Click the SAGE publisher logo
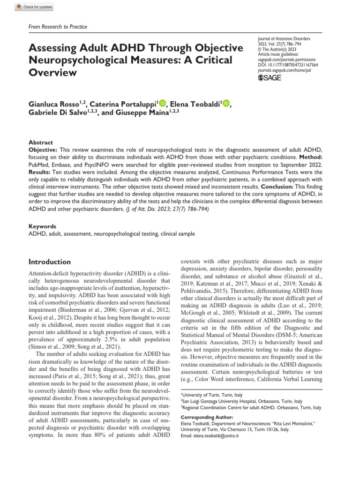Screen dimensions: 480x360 point(270,78)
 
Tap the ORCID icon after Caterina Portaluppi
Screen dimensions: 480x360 point(163,104)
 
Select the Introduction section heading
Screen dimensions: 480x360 point(50,262)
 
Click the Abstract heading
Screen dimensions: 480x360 point(41,142)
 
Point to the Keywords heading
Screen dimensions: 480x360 point(43,225)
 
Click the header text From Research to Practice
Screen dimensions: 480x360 point(58,27)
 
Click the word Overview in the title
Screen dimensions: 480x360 point(53,73)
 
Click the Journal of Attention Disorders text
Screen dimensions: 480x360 point(284,38)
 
